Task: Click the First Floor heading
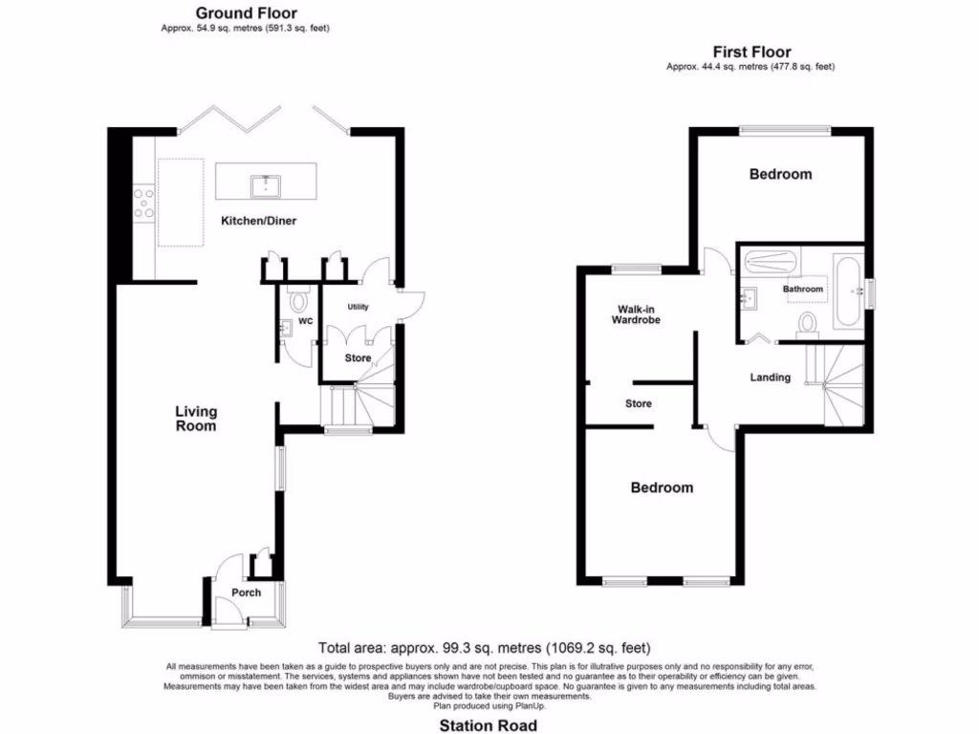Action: click(751, 52)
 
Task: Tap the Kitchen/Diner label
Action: click(259, 221)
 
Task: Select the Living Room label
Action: click(195, 419)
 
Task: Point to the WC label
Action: click(306, 322)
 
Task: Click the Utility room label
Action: click(358, 307)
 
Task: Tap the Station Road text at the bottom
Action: click(488, 725)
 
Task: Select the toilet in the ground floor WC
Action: click(298, 302)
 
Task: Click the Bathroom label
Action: click(802, 289)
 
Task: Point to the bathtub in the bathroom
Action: click(848, 291)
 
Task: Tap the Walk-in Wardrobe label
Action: click(638, 314)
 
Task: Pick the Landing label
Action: click(770, 378)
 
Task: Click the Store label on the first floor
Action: click(639, 403)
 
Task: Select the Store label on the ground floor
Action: click(358, 358)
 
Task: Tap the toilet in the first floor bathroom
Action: click(809, 323)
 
